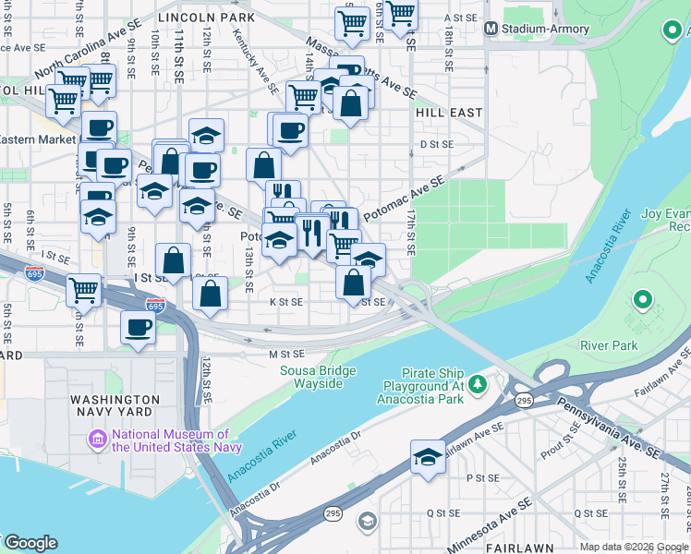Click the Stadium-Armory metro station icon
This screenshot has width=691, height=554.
tap(492, 29)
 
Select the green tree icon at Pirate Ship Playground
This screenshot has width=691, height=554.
tap(478, 382)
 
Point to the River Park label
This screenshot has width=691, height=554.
tap(609, 345)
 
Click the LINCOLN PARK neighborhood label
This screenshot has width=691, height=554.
tap(206, 18)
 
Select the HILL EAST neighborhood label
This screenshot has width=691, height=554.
tap(449, 113)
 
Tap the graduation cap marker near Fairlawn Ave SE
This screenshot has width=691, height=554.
tap(428, 458)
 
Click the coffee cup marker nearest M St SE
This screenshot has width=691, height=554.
tap(139, 328)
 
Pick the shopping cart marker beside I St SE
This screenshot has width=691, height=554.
tap(83, 290)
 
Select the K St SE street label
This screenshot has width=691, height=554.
tap(285, 302)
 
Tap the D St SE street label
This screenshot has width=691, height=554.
tap(437, 145)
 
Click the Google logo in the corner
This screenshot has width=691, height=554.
tap(30, 543)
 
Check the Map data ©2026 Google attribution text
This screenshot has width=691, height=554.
tap(634, 547)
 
